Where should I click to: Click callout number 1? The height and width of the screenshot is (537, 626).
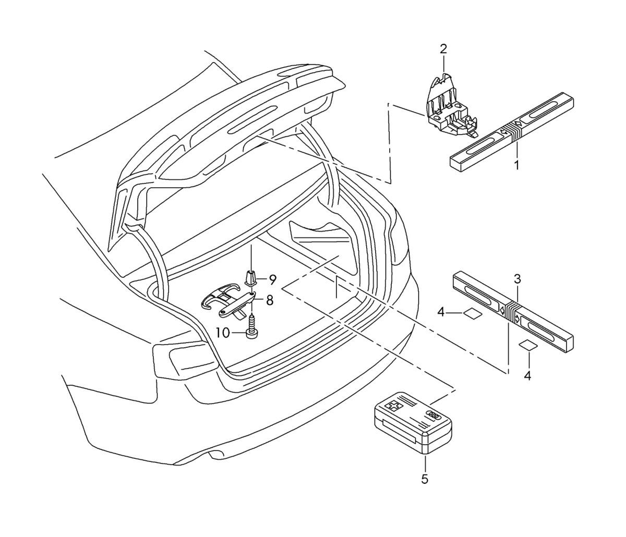pyautogui.click(x=516, y=166)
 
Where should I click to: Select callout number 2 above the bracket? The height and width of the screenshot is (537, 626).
pyautogui.click(x=443, y=50)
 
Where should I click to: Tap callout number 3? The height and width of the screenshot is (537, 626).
pyautogui.click(x=517, y=279)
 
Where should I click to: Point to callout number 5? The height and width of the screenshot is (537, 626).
pyautogui.click(x=425, y=479)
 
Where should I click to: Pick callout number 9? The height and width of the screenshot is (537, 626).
pyautogui.click(x=272, y=279)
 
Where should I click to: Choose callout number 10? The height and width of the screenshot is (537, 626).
pyautogui.click(x=223, y=333)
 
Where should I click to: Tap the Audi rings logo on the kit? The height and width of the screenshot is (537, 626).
pyautogui.click(x=434, y=414)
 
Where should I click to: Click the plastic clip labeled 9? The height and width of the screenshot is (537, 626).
pyautogui.click(x=251, y=279)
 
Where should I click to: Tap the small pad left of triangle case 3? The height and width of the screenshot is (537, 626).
pyautogui.click(x=472, y=313)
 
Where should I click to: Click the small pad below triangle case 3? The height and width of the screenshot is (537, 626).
pyautogui.click(x=527, y=345)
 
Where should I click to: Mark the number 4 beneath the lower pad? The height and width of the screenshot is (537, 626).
pyautogui.click(x=527, y=375)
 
